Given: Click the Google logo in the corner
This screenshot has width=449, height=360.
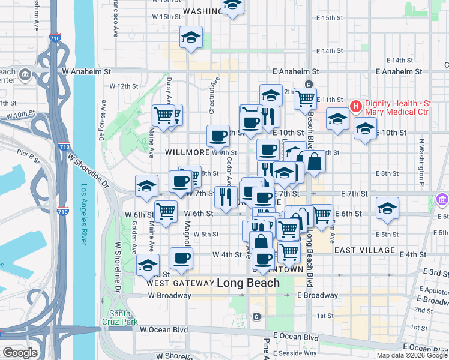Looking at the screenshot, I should point(19,353).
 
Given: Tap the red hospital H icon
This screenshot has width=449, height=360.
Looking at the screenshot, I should point(355,107).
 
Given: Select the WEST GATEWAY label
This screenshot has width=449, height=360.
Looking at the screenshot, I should point(180,283).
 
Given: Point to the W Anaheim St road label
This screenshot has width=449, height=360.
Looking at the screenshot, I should point(86,71).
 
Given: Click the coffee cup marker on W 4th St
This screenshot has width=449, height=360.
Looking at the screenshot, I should point(181,258).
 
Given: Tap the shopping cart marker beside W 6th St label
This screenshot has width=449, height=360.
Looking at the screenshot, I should point(166,210).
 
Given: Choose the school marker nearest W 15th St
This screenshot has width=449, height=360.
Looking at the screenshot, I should point(191,37).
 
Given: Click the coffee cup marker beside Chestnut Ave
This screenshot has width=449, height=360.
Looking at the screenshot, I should point(218,136).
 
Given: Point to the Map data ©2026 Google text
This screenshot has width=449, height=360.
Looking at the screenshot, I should point(411,355).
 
